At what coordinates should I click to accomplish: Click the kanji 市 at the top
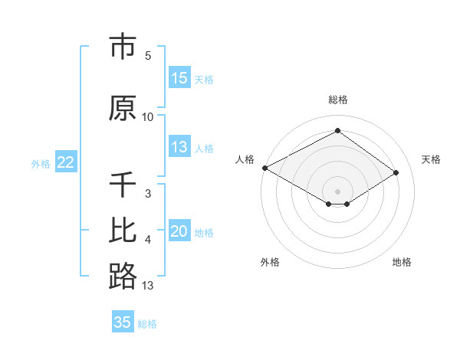[x=123, y=47]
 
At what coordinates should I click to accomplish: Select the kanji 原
[x=123, y=107]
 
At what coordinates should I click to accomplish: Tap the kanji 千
[x=123, y=185]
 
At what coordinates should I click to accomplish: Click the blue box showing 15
[x=179, y=78]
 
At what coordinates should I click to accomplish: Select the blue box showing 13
[x=179, y=147]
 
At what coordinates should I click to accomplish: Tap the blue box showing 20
[x=179, y=231]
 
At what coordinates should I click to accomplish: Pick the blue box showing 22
[x=66, y=162]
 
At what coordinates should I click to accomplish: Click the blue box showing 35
[x=123, y=322]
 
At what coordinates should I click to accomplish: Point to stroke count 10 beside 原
[x=148, y=116]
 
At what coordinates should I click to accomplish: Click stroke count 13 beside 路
[x=148, y=286]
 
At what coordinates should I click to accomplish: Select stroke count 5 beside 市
[x=148, y=56]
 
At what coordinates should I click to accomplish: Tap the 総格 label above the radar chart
[x=337, y=100]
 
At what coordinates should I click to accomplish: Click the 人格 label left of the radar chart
[x=245, y=159]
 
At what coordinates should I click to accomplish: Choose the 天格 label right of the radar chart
[x=431, y=159]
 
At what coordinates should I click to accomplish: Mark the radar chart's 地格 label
[x=402, y=262]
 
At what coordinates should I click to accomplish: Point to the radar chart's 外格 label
[x=270, y=262]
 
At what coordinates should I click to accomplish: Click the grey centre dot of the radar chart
[x=337, y=191]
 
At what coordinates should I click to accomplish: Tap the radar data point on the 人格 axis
[x=264, y=168]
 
